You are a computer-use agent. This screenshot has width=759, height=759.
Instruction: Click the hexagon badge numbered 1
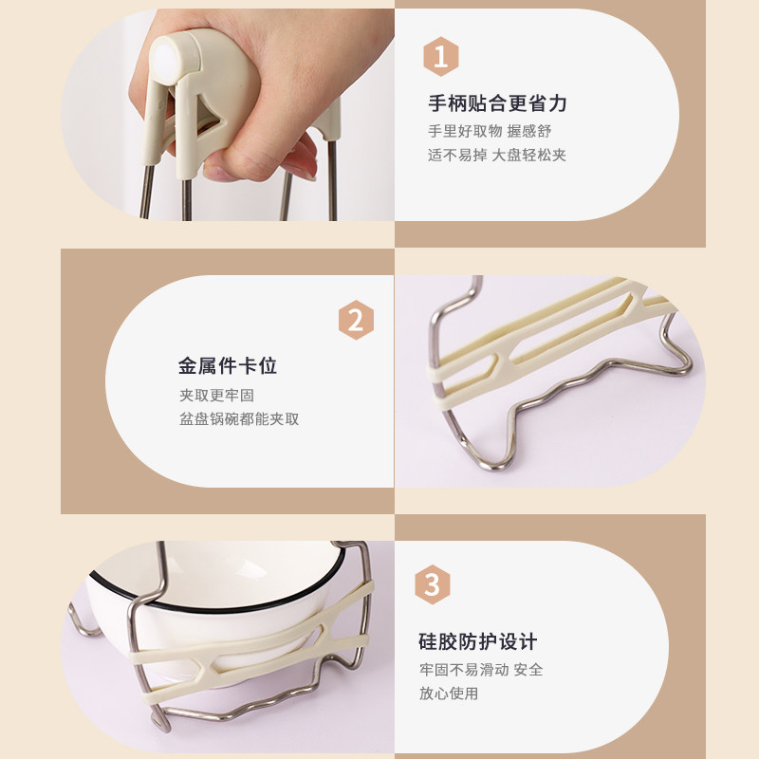[440, 55]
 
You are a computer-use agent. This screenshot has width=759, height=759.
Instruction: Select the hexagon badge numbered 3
[432, 585]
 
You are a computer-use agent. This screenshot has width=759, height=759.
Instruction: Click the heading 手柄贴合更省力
[497, 103]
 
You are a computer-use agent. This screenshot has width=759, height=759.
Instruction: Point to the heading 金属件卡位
[228, 366]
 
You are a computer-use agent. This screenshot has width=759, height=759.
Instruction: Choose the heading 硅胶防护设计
[478, 642]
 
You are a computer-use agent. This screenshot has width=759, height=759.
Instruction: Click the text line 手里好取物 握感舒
[490, 131]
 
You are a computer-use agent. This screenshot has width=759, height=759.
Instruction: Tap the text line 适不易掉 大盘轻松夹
[496, 155]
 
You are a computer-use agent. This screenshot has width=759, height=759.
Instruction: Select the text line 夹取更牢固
[216, 395]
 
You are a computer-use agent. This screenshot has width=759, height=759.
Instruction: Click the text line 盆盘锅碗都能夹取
[239, 418]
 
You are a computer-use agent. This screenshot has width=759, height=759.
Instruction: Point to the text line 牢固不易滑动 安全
[481, 670]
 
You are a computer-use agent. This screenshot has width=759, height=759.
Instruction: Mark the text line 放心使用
[449, 694]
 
